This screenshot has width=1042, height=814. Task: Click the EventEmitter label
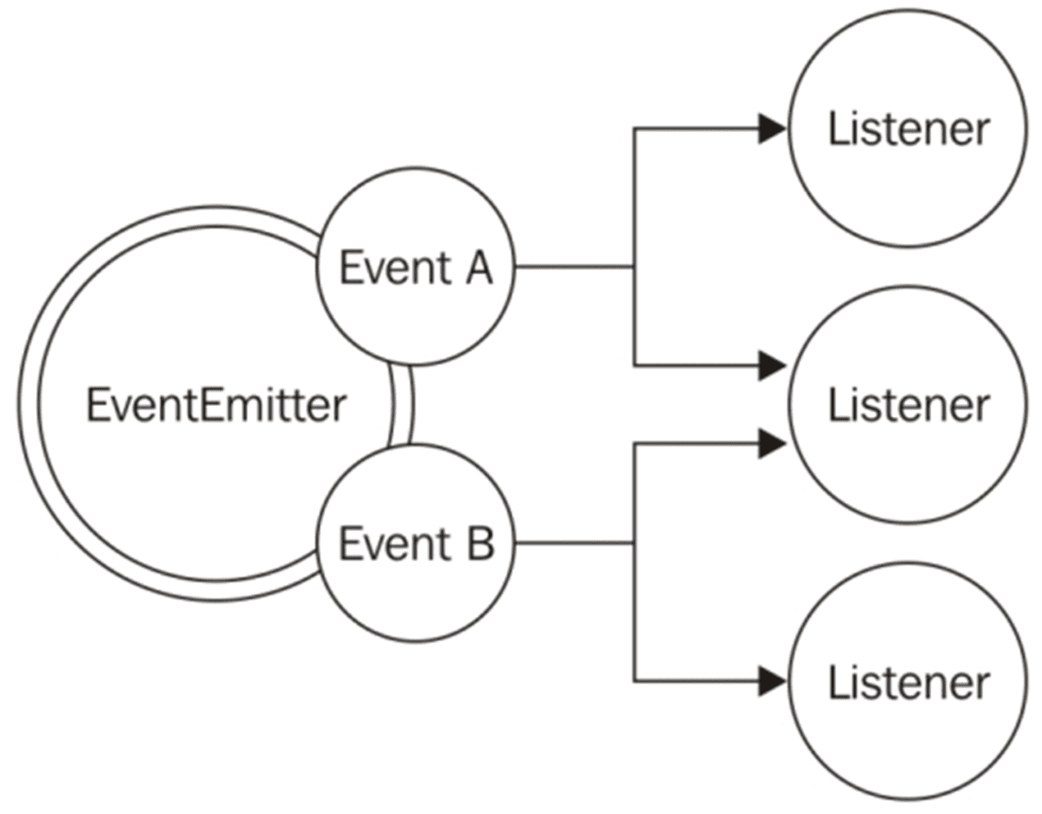(215, 406)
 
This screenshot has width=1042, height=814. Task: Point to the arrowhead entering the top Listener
(771, 129)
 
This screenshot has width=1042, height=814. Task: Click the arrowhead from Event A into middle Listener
(771, 366)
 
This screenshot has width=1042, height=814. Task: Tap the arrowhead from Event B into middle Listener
(771, 445)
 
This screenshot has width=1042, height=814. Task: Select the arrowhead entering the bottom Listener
(771, 681)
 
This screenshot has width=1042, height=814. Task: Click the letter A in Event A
(476, 268)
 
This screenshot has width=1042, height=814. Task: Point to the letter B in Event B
(478, 545)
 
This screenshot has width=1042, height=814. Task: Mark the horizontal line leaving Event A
(573, 267)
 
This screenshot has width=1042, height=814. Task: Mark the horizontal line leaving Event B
(573, 544)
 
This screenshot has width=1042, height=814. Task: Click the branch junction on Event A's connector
(635, 267)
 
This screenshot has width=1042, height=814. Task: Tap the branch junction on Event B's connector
(635, 544)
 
